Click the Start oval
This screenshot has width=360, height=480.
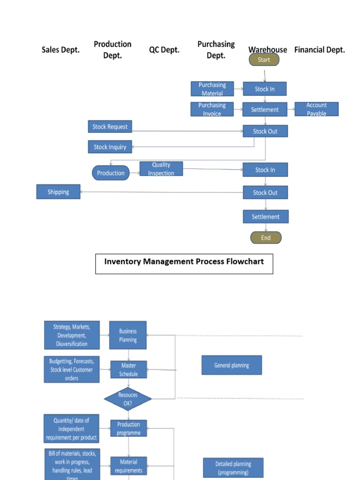coord(264,60)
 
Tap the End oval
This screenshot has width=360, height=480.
coord(266,238)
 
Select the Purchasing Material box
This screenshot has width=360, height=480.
coord(212,89)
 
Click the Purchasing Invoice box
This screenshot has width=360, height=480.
coord(212,109)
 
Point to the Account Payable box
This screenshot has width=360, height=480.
coord(316,109)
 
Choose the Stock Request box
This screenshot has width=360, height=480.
coord(110,127)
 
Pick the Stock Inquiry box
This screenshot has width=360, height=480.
coord(110,147)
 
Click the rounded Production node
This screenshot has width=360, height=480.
coord(111,173)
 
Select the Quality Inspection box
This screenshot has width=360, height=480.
coord(161,169)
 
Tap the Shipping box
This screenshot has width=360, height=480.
coord(58,192)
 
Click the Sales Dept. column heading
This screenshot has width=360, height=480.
coord(60,50)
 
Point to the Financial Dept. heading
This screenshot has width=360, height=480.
coord(319,50)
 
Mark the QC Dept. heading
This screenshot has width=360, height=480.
coord(164,50)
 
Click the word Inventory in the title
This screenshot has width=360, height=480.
coord(122,261)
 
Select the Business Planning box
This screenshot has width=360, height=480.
coord(128,335)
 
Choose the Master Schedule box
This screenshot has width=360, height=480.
coord(128,369)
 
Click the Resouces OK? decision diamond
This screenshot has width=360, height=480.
coord(128,399)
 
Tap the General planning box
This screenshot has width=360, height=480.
coord(232,365)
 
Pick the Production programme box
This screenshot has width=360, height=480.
coord(128,428)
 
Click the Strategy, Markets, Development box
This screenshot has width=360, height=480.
coord(72,335)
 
